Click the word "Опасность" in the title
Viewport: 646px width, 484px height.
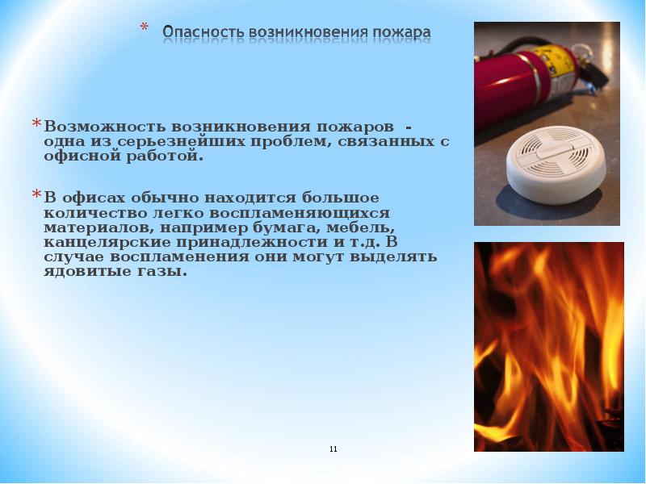197,32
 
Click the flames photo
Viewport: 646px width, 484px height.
548,346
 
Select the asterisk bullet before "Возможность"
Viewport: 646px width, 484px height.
36,124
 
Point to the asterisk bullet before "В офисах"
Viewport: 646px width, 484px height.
36,195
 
